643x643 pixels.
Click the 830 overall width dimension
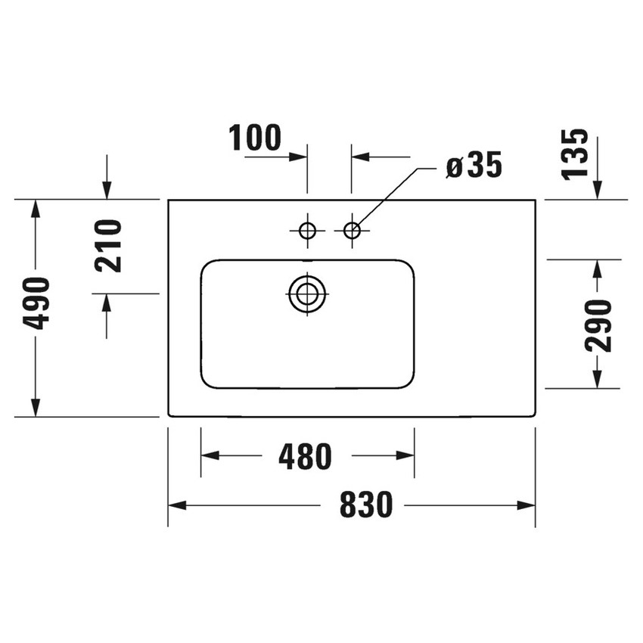(x=365, y=505)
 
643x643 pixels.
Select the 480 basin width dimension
(x=305, y=456)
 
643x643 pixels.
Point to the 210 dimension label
(x=108, y=245)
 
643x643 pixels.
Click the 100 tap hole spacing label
(x=255, y=138)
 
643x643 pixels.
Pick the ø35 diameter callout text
(x=474, y=166)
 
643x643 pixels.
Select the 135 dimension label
(x=575, y=154)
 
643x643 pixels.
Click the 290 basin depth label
(x=598, y=325)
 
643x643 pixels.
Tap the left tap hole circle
(x=307, y=231)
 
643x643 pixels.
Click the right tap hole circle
(x=352, y=231)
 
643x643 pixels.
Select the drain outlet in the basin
(x=307, y=294)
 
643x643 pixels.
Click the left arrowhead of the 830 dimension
(x=176, y=505)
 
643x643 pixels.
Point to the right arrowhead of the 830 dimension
(x=527, y=505)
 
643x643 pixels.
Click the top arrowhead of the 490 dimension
(x=35, y=209)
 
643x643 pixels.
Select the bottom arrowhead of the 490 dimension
(x=35, y=408)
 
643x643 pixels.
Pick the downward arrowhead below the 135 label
(x=598, y=191)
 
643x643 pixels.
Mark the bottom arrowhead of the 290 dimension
(x=598, y=380)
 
